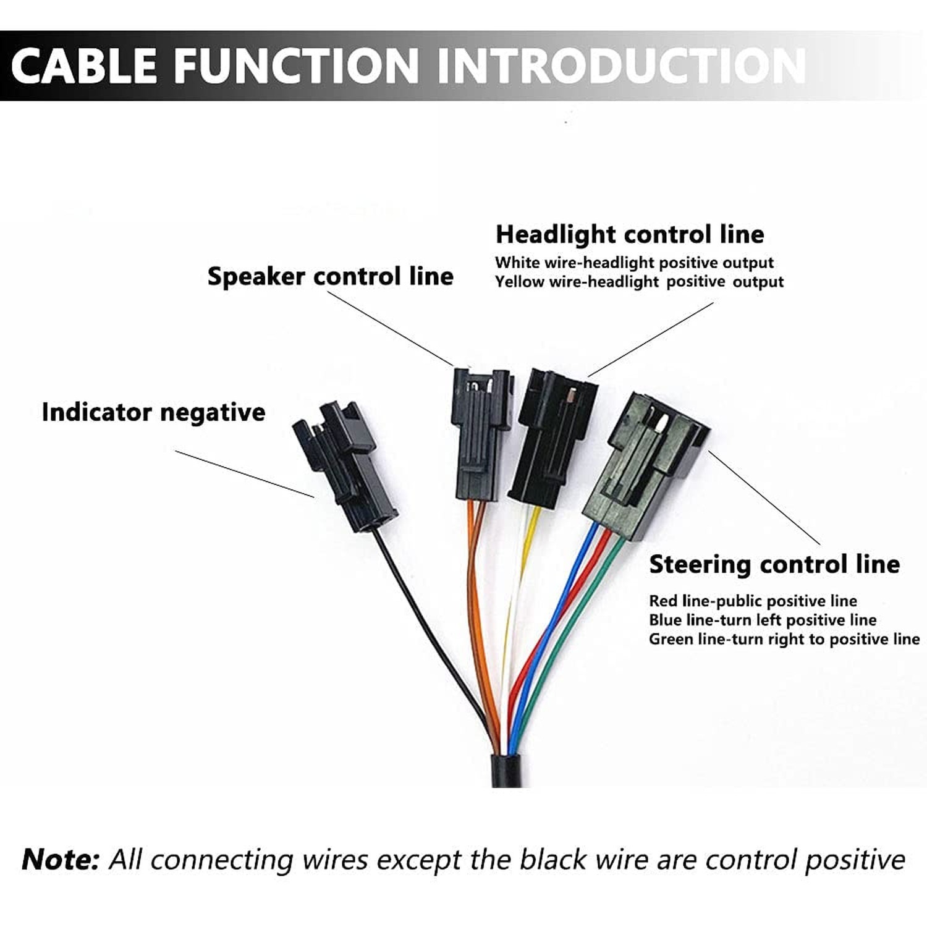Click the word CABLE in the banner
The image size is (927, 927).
pyautogui.click(x=85, y=66)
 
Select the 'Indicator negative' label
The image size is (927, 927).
pyautogui.click(x=153, y=412)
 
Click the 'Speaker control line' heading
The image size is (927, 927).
pyautogui.click(x=330, y=276)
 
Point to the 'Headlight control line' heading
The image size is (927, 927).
pyautogui.click(x=630, y=234)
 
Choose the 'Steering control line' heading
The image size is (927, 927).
pyautogui.click(x=774, y=564)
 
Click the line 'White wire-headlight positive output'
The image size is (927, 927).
pyautogui.click(x=634, y=263)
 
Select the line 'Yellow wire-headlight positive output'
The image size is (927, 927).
pyautogui.click(x=639, y=282)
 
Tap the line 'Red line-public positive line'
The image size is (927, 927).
pyautogui.click(x=753, y=601)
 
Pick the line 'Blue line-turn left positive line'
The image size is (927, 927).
pyautogui.click(x=763, y=620)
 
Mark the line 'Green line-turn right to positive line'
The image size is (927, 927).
pyautogui.click(x=784, y=639)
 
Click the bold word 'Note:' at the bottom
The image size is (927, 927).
pyautogui.click(x=60, y=860)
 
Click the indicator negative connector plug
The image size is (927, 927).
pyautogui.click(x=345, y=465)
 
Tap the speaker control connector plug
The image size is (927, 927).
pyautogui.click(x=482, y=434)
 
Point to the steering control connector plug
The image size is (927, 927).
pyautogui.click(x=646, y=465)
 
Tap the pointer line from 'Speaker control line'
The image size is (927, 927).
pyautogui.click(x=391, y=329)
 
